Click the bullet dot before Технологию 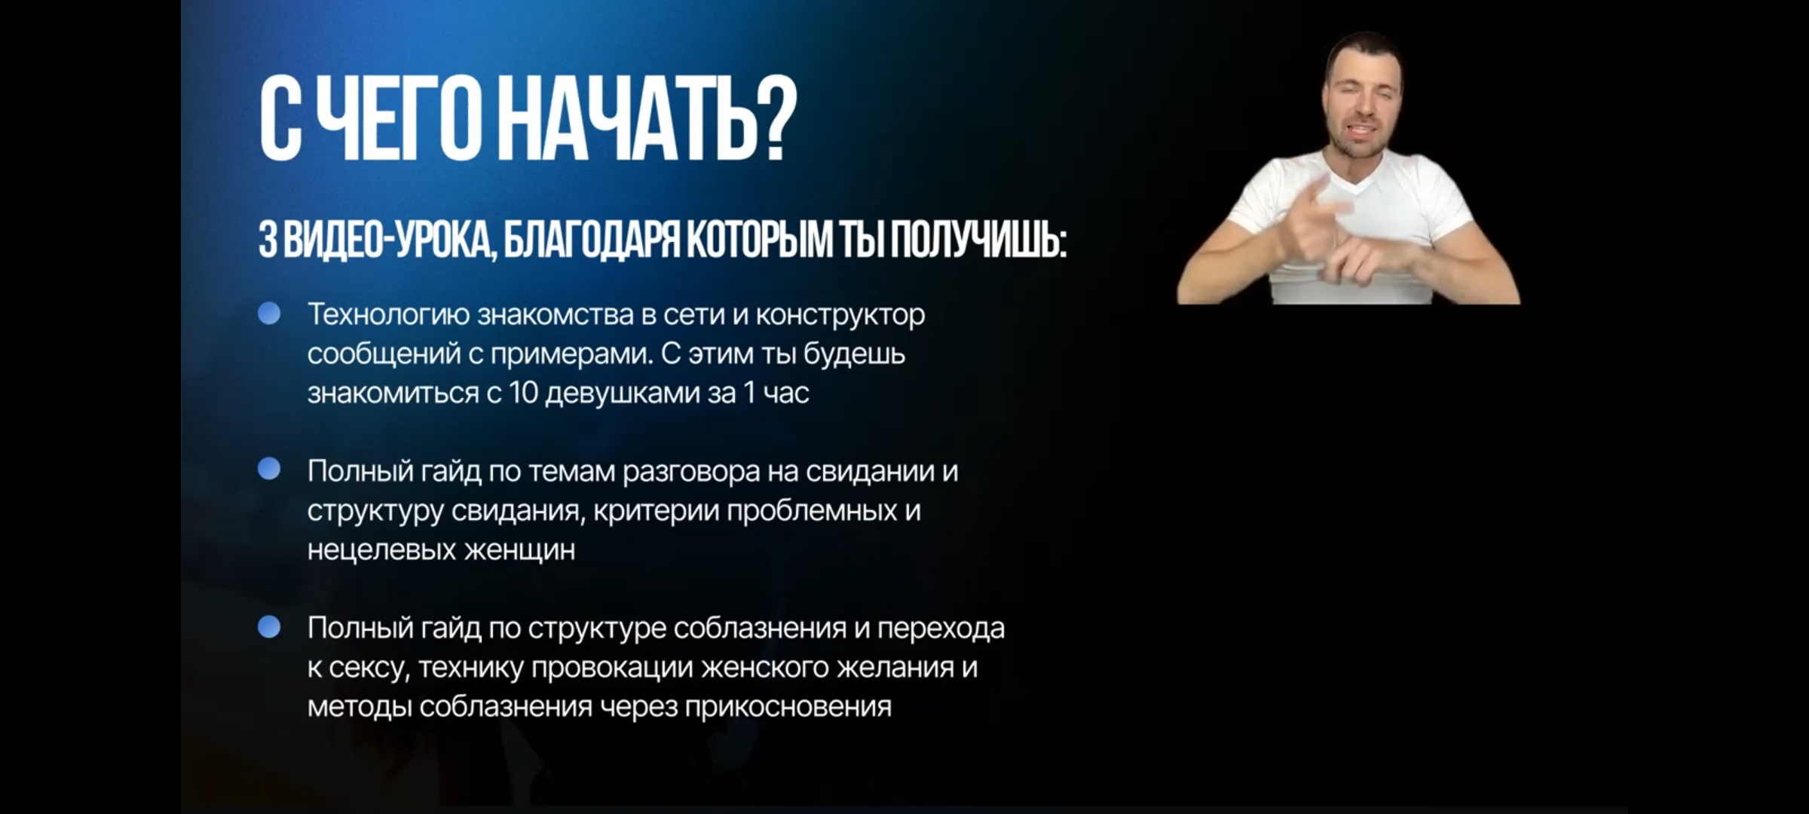[269, 314]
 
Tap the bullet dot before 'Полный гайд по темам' [269, 470]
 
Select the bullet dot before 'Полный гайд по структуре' [269, 626]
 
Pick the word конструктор [840, 315]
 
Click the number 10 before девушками [523, 393]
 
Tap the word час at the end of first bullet [786, 393]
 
